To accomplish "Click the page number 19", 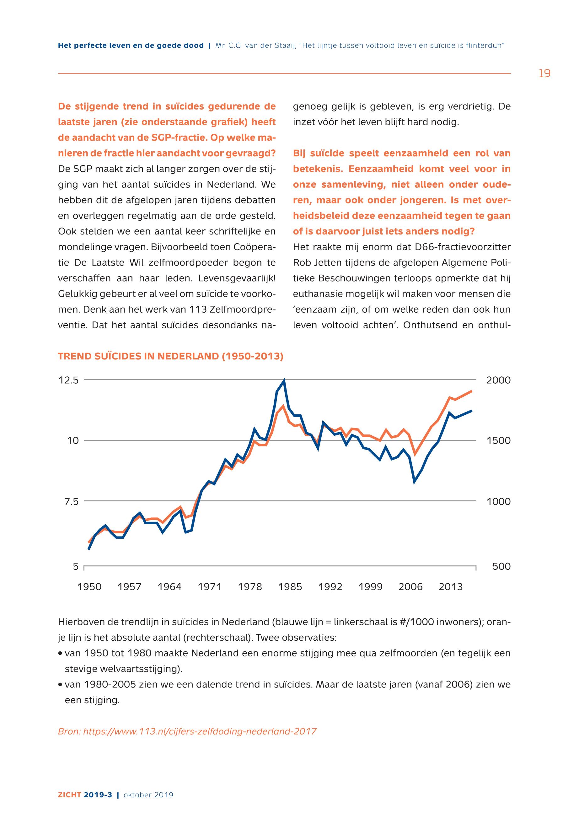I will coord(544,74).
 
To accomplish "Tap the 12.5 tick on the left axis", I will coord(68,380).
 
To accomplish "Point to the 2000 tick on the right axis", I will coord(498,380).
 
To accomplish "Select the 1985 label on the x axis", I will coord(290,587).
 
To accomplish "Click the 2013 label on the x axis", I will coord(451,587).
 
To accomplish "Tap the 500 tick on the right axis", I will coord(501,567).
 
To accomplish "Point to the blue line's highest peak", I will coord(284,380).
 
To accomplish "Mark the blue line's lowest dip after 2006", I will coord(414,482).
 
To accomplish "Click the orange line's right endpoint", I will coord(472,391).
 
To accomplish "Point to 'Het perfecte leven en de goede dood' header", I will coord(131,46).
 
